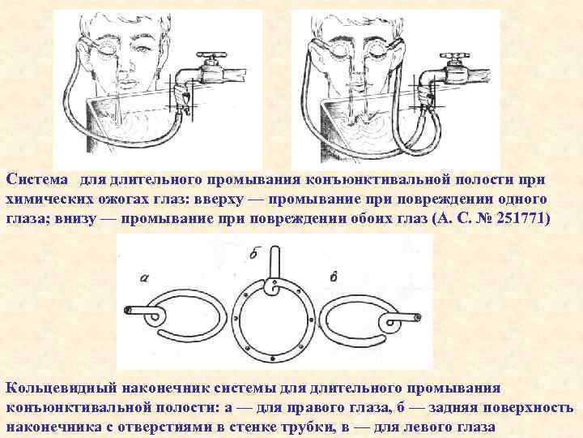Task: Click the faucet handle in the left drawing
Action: click(213, 61)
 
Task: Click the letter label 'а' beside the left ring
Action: click(144, 277)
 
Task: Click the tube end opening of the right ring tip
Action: click(416, 316)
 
